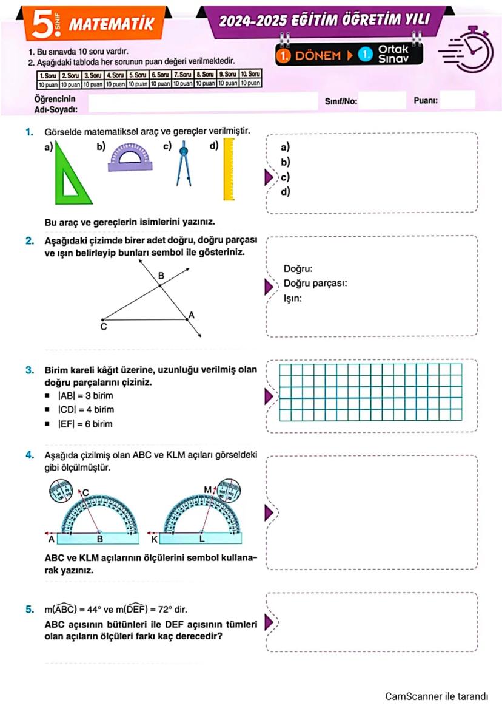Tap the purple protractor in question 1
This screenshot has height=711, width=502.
click(x=130, y=157)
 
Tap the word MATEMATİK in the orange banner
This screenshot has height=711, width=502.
click(x=112, y=25)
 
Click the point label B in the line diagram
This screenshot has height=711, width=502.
click(x=161, y=276)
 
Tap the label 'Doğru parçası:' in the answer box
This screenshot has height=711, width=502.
click(x=315, y=284)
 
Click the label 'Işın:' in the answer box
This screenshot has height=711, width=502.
click(x=293, y=298)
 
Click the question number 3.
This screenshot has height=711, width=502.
click(x=29, y=370)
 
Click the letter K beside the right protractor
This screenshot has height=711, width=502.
click(x=154, y=539)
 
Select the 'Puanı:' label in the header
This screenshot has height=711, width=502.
click(x=426, y=101)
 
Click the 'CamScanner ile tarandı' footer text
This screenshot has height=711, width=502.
click(x=437, y=696)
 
